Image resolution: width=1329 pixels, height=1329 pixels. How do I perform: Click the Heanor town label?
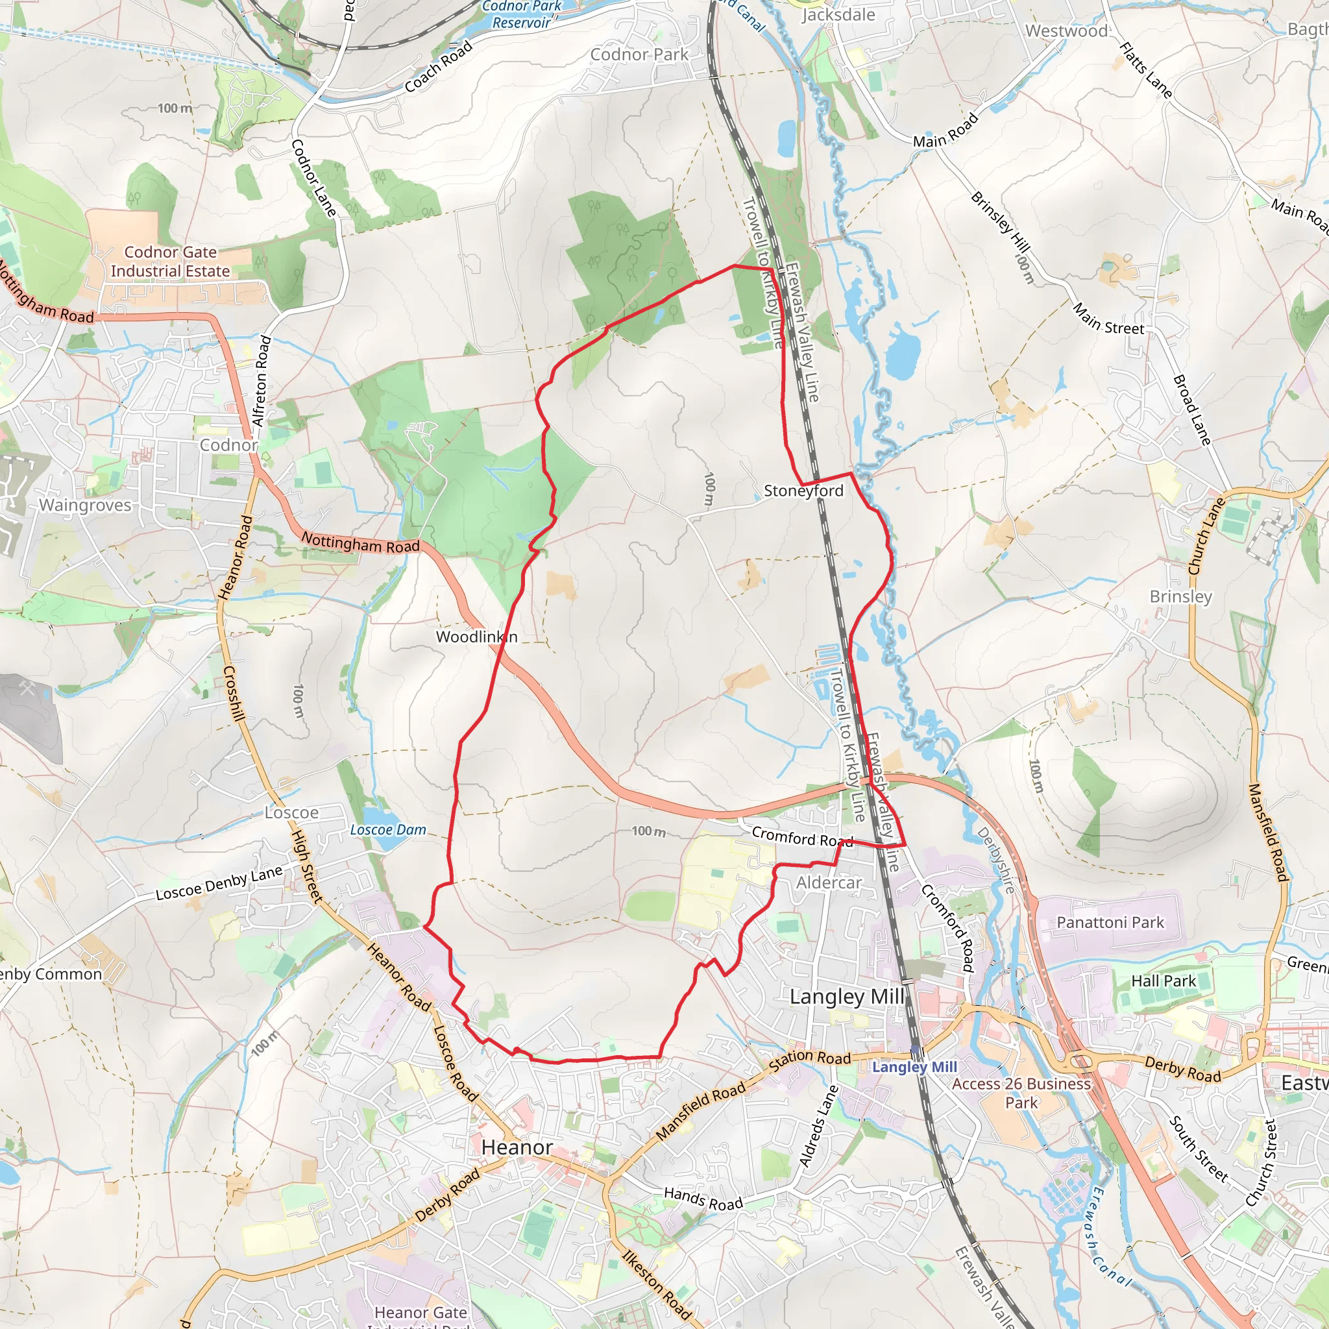pos(517,1147)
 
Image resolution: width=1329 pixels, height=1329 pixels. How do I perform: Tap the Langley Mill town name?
pos(847,997)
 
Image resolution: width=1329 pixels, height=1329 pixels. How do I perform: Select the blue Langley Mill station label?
pos(914,1067)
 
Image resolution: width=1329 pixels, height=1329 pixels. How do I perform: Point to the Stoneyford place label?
pos(803,491)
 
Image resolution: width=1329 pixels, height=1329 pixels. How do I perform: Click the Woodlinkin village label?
pos(477,637)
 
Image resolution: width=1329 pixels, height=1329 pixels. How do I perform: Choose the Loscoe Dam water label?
pos(388,829)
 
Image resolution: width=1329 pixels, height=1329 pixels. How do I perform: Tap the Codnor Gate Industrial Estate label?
pos(170,262)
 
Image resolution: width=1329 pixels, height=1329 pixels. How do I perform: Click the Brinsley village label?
pos(1181,596)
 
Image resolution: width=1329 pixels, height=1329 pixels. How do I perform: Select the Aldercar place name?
pos(829,883)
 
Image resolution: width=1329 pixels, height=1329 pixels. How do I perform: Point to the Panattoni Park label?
pos(1110,923)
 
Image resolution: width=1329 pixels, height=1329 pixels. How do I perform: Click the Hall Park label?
pos(1164,981)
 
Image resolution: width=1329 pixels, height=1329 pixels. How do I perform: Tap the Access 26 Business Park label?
pos(1021,1093)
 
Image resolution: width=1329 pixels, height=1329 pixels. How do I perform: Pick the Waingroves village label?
pos(84,505)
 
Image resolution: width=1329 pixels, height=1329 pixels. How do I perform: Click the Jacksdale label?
pos(838,14)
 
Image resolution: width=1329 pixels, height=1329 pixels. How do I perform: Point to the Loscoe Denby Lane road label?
pos(219,883)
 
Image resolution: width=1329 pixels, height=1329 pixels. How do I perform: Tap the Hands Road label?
pos(703,1199)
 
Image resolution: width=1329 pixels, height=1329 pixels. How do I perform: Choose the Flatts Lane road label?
pos(1145,69)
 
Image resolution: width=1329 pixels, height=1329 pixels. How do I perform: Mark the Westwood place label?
pos(1066,31)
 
